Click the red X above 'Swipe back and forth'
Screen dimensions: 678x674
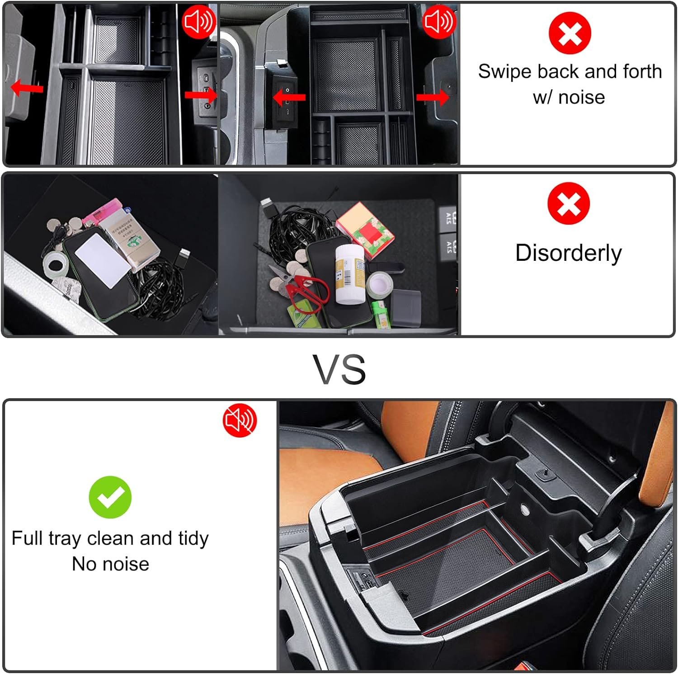(570, 33)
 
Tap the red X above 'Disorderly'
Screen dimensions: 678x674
(569, 203)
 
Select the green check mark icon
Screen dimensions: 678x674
(110, 497)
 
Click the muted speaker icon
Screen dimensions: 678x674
(240, 420)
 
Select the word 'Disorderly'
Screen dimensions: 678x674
(569, 253)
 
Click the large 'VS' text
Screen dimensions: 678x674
(339, 369)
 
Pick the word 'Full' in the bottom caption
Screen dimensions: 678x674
(27, 538)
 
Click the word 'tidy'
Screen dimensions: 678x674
(193, 539)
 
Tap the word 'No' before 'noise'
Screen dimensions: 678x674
(84, 564)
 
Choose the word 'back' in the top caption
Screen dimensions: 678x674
(558, 71)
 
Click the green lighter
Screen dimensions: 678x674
(381, 315)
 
